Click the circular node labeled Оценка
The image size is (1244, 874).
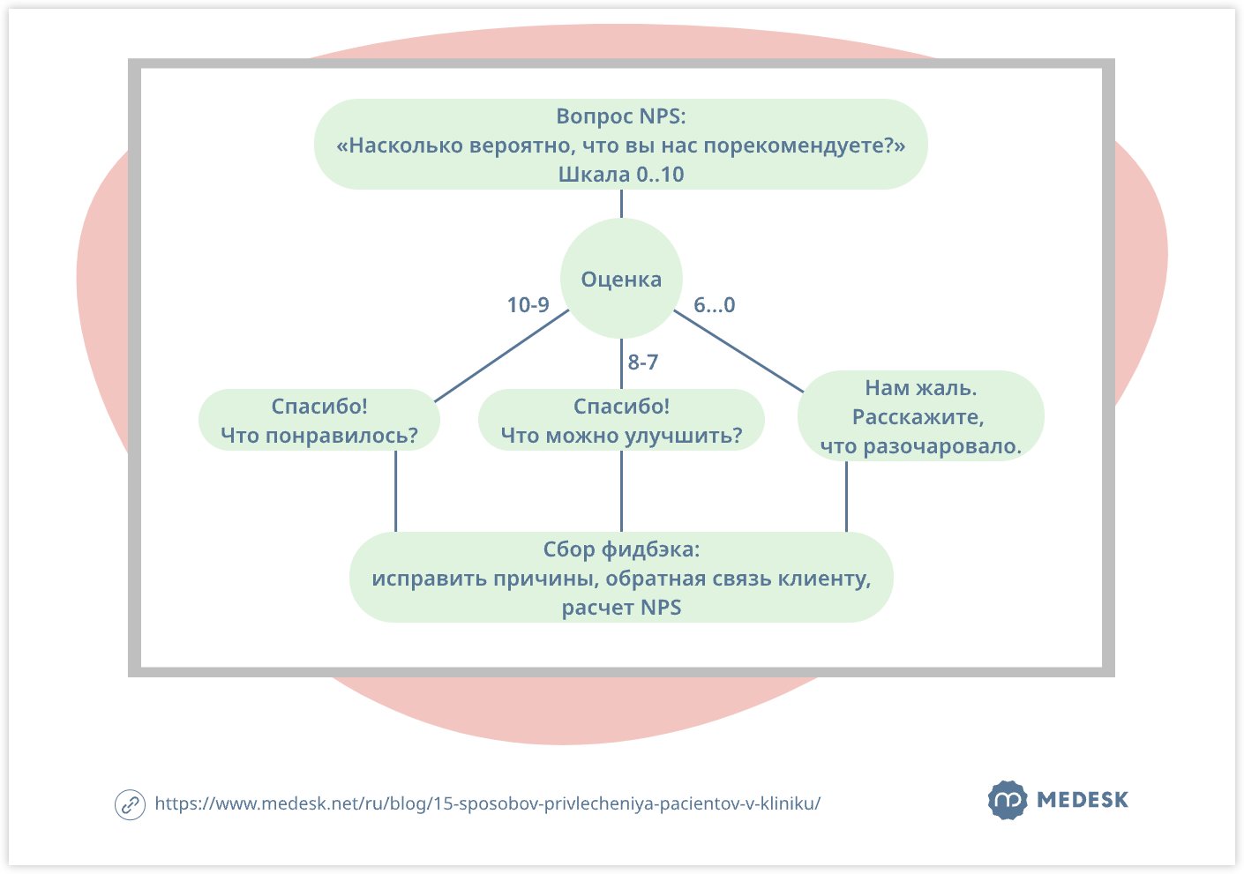[x=621, y=279]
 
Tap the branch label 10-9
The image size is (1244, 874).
[x=528, y=305]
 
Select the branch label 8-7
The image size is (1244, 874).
[x=642, y=362]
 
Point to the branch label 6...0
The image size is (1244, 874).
[x=714, y=305]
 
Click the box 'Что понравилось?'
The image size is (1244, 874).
[x=319, y=421]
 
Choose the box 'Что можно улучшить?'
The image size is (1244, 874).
[x=621, y=421]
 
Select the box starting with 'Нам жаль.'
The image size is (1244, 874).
[x=920, y=416]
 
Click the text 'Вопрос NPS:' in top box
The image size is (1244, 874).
[x=621, y=116]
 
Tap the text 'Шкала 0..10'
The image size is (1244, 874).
[x=621, y=175]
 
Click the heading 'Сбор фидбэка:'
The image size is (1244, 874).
[x=621, y=549]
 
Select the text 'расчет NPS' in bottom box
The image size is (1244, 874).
[x=621, y=608]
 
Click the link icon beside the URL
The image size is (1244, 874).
[x=130, y=804]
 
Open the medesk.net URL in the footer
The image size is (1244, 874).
[x=487, y=803]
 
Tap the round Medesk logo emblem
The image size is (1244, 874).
[x=1007, y=801]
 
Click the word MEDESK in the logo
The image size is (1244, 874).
[x=1083, y=801]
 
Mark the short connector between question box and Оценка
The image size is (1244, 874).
[x=621, y=204]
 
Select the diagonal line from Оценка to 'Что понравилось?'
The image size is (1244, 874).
[x=501, y=356]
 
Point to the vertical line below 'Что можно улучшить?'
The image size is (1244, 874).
[x=621, y=491]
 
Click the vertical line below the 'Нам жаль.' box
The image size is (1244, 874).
[x=847, y=497]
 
